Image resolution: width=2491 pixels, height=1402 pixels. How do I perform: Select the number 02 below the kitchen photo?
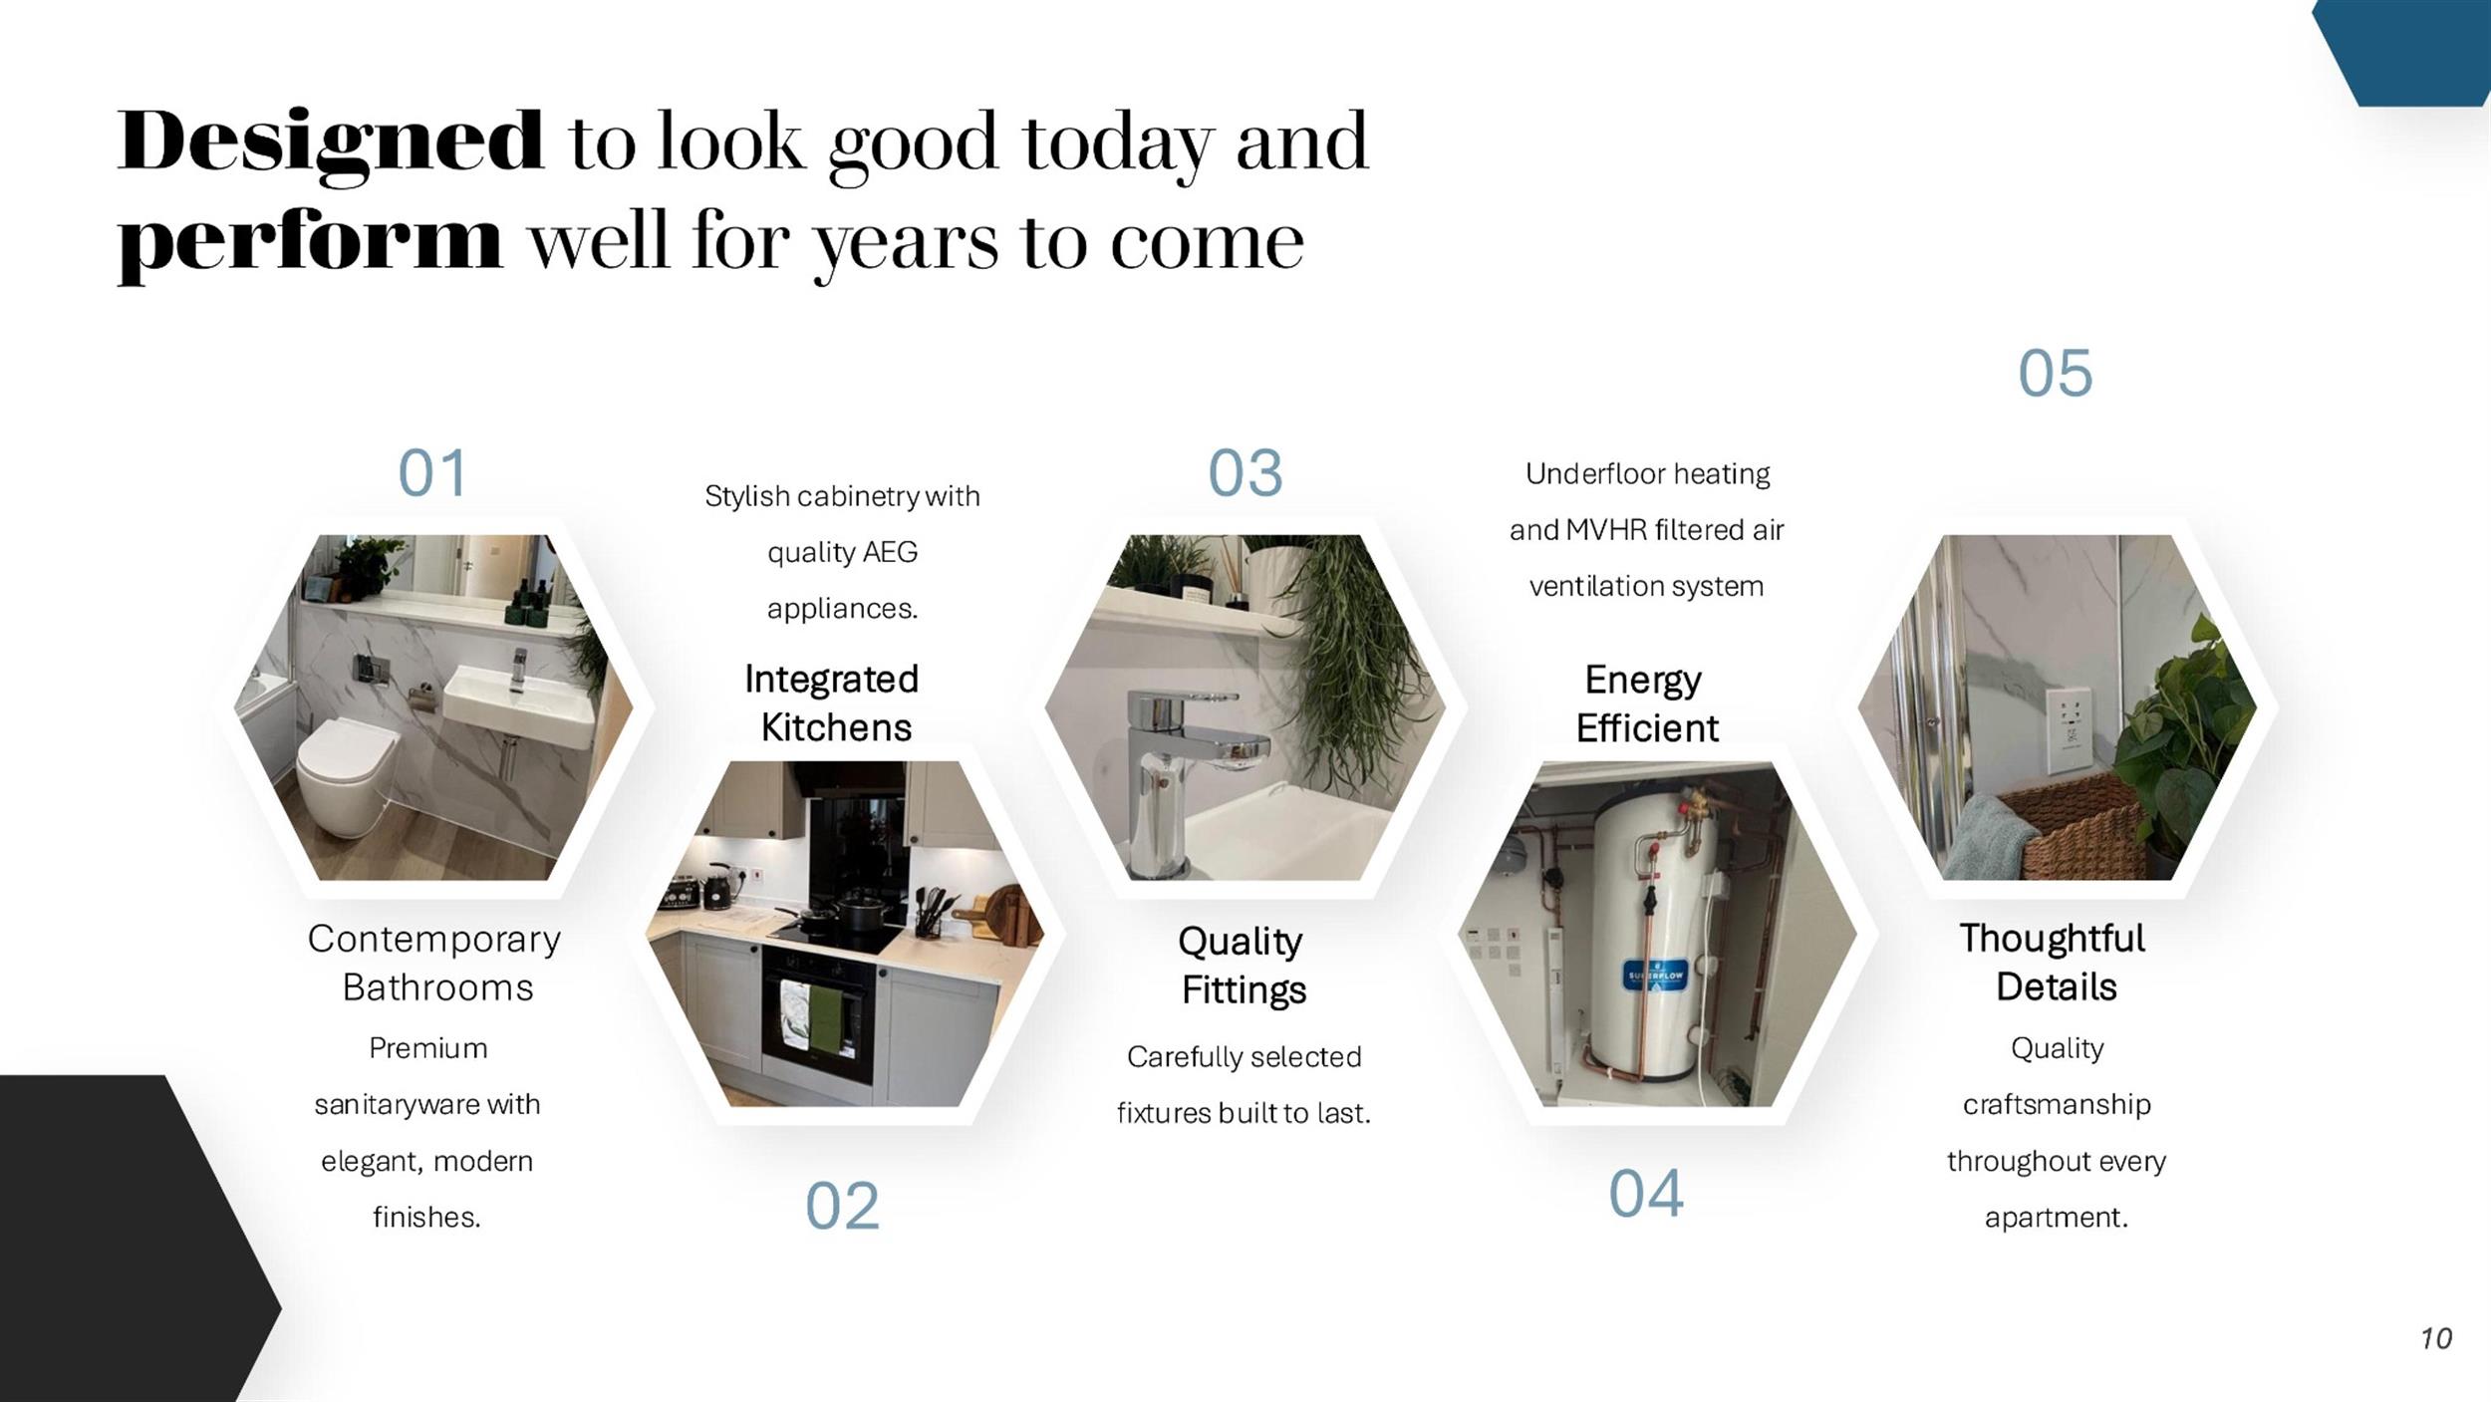click(x=842, y=1206)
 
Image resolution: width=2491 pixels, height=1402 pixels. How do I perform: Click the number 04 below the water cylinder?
click(x=1646, y=1194)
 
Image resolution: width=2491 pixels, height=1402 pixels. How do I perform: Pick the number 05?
click(x=2056, y=374)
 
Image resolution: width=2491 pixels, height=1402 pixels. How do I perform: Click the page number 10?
click(x=2436, y=1338)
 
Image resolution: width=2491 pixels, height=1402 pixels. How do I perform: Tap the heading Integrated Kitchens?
click(x=833, y=702)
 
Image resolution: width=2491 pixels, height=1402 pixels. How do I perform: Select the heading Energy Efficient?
click(x=1646, y=703)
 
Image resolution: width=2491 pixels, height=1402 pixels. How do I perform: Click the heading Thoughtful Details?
click(x=2054, y=962)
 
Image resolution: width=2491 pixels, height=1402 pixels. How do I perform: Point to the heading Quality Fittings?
click(x=1243, y=965)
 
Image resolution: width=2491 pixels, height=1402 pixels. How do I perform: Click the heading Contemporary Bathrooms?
click(x=434, y=963)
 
